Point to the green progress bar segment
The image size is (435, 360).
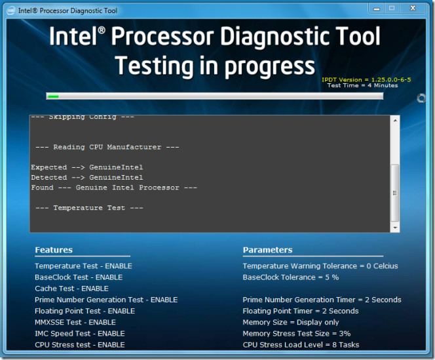coord(53,96)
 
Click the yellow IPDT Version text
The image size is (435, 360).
coord(366,79)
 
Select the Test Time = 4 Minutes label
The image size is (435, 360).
coord(362,86)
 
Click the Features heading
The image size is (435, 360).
coord(54,250)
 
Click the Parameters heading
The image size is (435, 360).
coord(267,250)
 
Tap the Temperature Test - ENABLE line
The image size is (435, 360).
coord(83,266)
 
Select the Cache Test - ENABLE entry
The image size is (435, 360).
coord(71,289)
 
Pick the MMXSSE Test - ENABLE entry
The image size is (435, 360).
coord(75,322)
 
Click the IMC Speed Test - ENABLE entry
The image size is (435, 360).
coord(79,333)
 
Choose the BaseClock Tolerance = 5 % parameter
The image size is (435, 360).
coord(290,277)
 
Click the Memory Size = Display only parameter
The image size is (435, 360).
coord(291,322)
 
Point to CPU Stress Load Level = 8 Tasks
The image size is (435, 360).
coord(301,344)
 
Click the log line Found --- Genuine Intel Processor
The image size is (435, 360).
coord(114,188)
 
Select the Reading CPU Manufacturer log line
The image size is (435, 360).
coord(107,147)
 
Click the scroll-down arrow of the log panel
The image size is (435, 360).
coord(394,227)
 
